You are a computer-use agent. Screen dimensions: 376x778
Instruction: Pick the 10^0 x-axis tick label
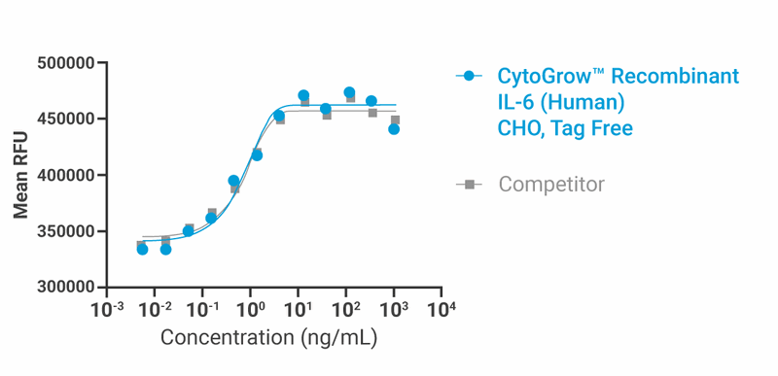point(251,309)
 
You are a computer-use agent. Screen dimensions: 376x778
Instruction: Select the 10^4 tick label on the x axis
point(442,309)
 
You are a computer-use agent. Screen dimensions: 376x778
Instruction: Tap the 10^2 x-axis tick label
point(346,309)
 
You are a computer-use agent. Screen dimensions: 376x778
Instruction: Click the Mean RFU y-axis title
point(20,176)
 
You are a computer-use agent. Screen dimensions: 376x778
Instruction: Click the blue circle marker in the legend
point(470,76)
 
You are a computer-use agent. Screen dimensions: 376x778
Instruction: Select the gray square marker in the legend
point(470,184)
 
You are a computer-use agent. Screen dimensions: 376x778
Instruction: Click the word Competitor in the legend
point(550,184)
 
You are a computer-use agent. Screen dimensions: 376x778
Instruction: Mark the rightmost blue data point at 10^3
point(394,128)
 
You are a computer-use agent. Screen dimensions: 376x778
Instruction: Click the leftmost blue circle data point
point(142,250)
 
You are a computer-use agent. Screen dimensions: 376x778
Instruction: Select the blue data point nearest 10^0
point(257,154)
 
